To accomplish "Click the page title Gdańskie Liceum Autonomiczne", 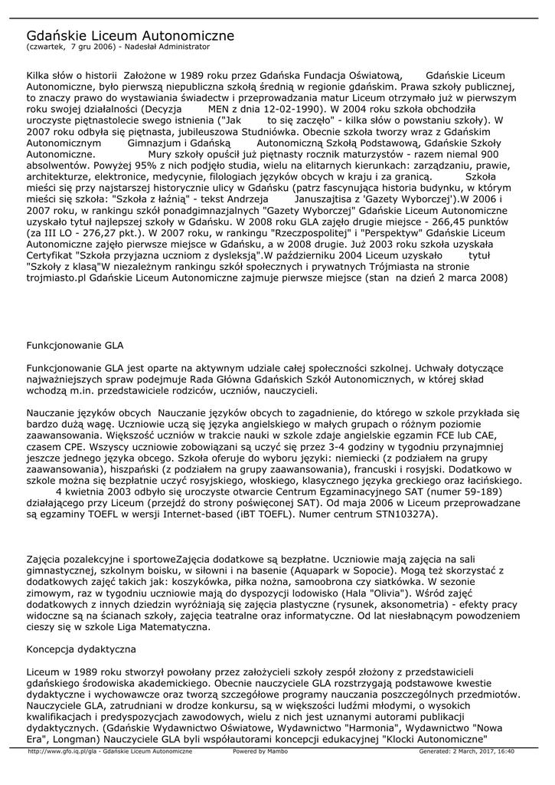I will [x=131, y=36].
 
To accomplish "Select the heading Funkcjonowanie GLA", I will [x=75, y=346].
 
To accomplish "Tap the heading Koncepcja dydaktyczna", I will [x=81, y=649].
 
